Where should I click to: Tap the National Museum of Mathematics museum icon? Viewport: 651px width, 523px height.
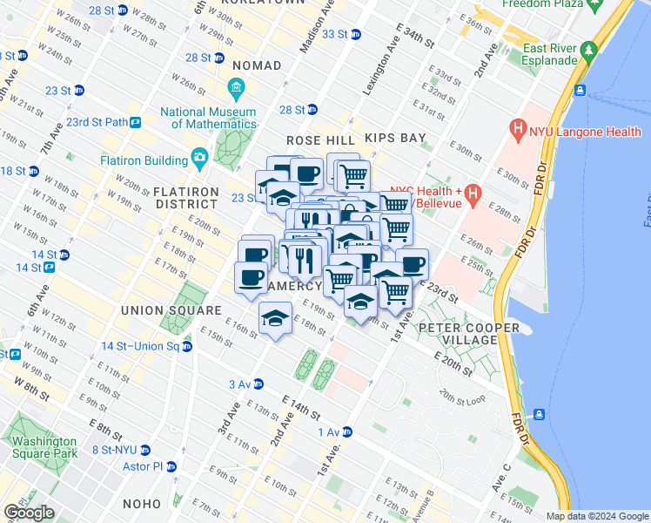(236, 89)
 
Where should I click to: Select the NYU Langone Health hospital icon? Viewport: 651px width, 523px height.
(520, 132)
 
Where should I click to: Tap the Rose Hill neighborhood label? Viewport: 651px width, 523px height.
(321, 139)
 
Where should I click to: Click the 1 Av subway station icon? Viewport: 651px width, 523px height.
(346, 432)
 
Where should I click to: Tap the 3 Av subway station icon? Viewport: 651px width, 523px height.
(258, 384)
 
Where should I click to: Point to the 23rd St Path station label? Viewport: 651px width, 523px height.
(97, 122)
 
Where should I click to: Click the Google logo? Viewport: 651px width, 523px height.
(29, 513)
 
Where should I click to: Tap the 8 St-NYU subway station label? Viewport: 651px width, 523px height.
(114, 450)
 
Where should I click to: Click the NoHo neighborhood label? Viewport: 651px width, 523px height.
(141, 504)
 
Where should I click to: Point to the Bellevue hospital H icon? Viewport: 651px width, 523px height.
(473, 193)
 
